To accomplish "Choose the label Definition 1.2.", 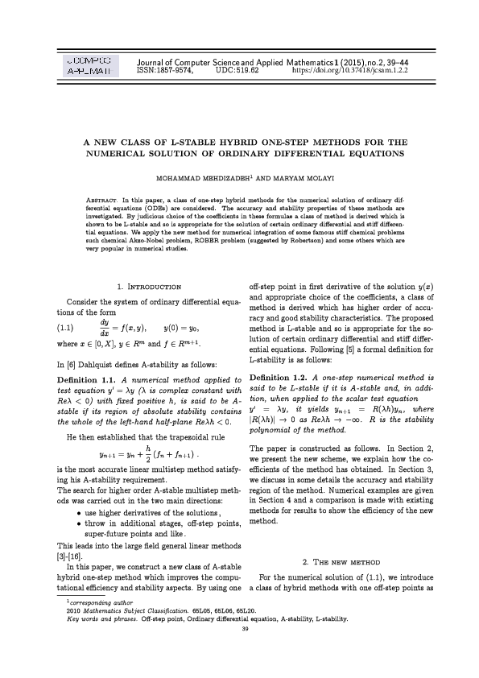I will (279, 378).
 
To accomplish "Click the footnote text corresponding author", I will (93, 602).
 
